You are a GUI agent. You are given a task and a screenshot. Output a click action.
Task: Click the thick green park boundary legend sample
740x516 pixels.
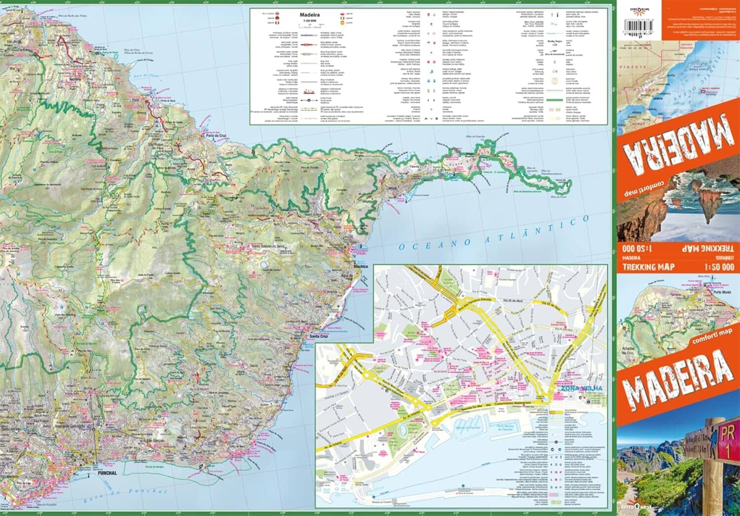[555, 99]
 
